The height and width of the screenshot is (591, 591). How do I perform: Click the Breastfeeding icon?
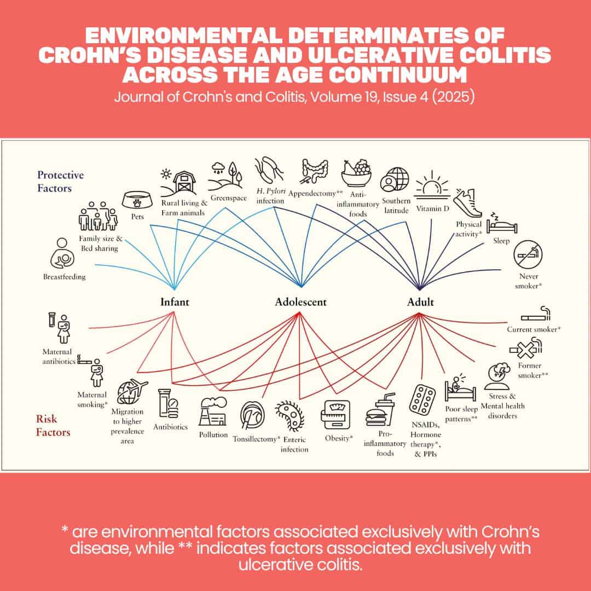pos(62,253)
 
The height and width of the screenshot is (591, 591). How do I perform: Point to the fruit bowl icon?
pos(357,173)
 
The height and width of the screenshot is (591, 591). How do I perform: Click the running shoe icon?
pos(468,203)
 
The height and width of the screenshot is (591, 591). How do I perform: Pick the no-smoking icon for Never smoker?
pos(528,255)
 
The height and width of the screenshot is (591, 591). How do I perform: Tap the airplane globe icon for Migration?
pos(132,392)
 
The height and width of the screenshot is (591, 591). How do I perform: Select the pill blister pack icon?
pos(422,400)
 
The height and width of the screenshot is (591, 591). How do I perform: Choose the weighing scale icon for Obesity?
pos(336,415)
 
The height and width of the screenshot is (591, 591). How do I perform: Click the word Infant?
pos(175,302)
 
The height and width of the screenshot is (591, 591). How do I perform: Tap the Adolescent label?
pos(301,302)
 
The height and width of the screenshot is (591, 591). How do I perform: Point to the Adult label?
pos(420,302)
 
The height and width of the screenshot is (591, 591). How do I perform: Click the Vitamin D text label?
pos(433,208)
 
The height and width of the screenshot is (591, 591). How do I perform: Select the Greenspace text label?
pos(228,198)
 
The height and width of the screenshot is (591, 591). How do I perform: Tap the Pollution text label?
pos(213,434)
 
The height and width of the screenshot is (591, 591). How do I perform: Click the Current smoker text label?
pos(534,329)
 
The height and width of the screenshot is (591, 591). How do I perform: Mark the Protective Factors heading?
pos(60,181)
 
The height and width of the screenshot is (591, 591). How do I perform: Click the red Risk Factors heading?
pos(53,425)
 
